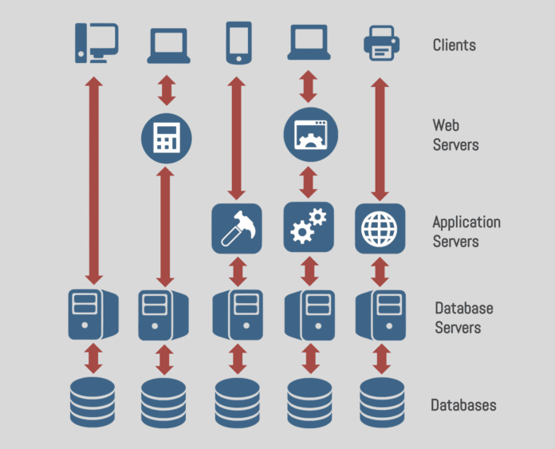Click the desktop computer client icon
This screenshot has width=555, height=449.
pos(96,43)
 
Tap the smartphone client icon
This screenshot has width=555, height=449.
pos(238,43)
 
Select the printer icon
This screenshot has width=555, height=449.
pos(381,44)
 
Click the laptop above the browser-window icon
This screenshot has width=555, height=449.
pos(311,45)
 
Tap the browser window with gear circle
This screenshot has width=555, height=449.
pos(311,134)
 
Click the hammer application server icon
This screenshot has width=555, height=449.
pos(237,229)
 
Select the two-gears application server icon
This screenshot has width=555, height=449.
pos(310,229)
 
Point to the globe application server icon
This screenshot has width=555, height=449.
pos(380,229)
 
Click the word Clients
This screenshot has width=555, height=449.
pos(454,45)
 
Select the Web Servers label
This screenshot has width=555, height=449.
pos(455,135)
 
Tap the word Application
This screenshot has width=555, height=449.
pos(466,222)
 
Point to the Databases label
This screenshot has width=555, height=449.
pos(463,405)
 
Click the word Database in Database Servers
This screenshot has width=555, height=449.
pos(464,308)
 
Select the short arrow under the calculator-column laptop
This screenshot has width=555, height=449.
pos(167,90)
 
